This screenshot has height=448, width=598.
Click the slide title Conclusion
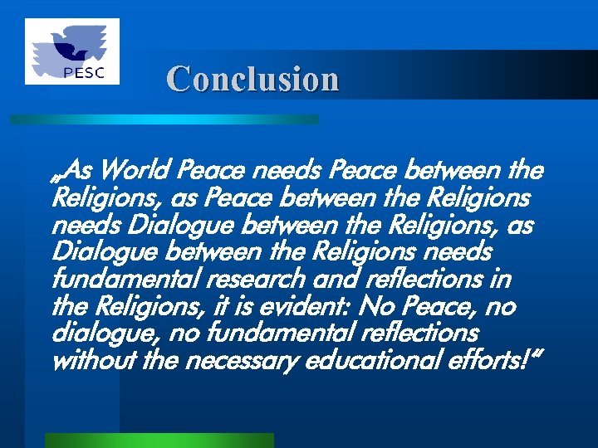pos(252,80)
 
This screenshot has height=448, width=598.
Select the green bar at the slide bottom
pos(159,440)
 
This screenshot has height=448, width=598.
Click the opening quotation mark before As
pos(56,175)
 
